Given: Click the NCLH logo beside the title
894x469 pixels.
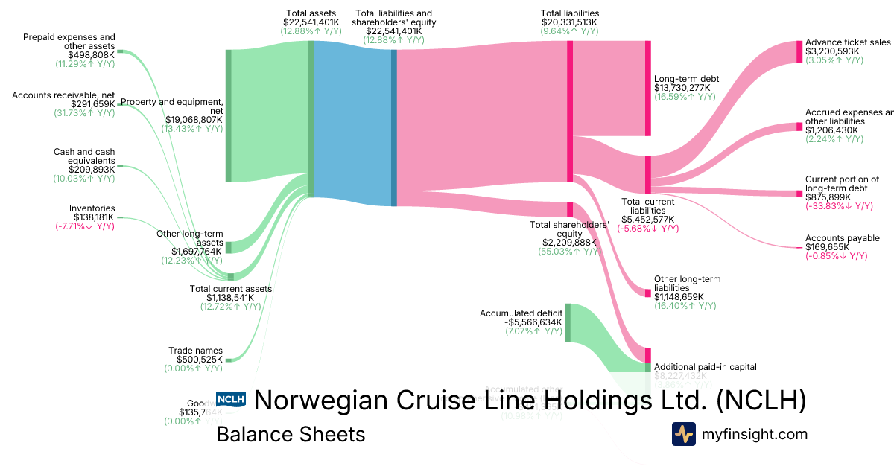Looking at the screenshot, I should [x=230, y=401].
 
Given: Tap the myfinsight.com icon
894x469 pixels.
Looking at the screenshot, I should [x=683, y=434].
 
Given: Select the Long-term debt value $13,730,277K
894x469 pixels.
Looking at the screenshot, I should [x=682, y=88].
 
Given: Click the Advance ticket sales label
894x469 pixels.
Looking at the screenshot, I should [x=848, y=42].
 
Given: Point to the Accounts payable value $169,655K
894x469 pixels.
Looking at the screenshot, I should [x=827, y=247].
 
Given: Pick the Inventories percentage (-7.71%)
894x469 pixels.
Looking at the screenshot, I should [x=85, y=226].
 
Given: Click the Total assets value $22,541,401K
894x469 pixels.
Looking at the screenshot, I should [x=311, y=22].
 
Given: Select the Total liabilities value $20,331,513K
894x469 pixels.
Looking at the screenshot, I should [x=570, y=22].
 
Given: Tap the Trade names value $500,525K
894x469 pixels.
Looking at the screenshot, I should [x=194, y=359].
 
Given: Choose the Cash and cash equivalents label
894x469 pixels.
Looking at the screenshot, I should [x=84, y=156].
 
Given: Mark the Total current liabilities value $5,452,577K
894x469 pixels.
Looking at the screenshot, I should [x=647, y=220].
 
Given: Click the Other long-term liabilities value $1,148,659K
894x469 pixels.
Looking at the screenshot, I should [x=685, y=297].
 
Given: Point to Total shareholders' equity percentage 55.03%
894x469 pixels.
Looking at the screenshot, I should [x=568, y=252].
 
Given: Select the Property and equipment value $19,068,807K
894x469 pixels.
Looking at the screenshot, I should [x=194, y=119].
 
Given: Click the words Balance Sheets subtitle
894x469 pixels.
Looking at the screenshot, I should [x=291, y=435].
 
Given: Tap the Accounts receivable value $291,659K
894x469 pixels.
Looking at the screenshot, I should [x=93, y=104].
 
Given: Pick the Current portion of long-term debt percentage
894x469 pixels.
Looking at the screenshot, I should [x=837, y=206].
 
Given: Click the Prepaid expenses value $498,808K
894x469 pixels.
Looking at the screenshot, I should [x=92, y=54].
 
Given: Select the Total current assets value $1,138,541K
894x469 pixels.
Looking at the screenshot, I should [x=230, y=297].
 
